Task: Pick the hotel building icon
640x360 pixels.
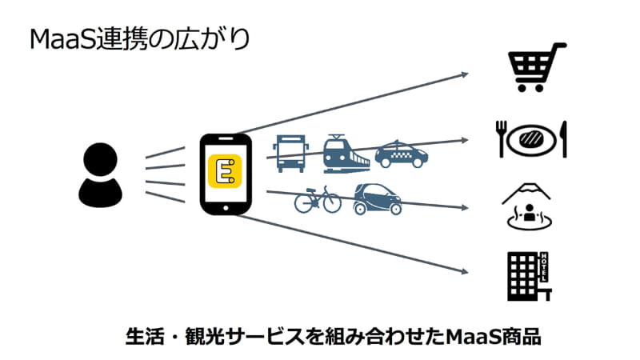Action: coord(528,276)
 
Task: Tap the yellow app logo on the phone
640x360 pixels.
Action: coord(225,172)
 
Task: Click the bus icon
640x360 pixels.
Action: coord(289,153)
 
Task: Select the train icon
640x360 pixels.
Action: coord(346,154)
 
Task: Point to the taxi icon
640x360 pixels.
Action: coord(402,154)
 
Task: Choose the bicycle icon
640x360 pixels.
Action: coord(318,200)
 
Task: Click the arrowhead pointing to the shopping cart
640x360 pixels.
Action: coord(463,75)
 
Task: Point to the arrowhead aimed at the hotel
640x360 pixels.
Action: coord(463,271)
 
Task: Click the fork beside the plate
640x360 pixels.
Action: coord(502,138)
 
